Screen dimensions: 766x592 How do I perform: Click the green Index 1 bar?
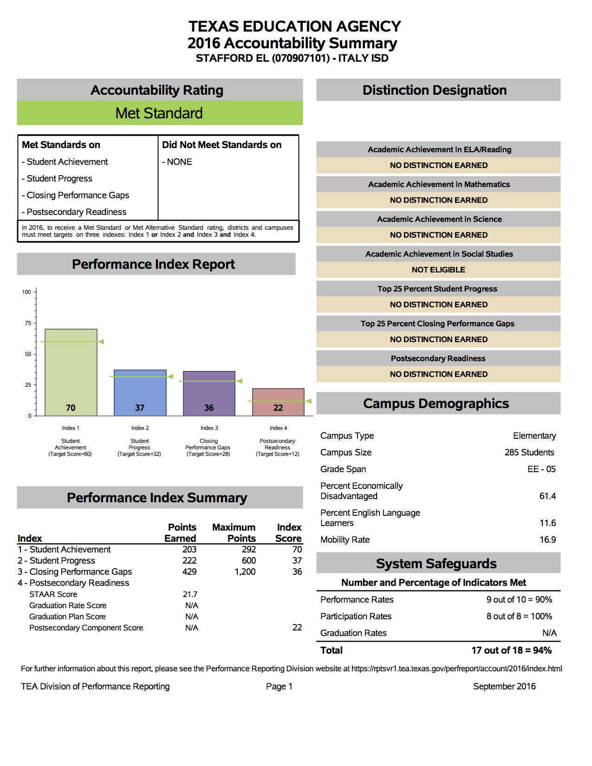click(71, 371)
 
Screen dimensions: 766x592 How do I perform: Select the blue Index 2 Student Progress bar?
click(140, 392)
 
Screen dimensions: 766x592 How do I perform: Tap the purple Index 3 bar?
click(209, 393)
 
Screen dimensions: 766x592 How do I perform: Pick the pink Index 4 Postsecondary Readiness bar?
click(278, 402)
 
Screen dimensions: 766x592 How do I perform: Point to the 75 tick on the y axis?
click(28, 323)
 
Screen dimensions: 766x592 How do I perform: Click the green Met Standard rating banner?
click(160, 113)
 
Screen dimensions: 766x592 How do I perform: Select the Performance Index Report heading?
click(153, 264)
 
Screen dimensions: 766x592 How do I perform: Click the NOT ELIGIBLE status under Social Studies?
click(438, 270)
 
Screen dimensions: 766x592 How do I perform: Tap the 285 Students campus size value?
click(529, 452)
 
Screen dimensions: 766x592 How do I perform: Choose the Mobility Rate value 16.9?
click(547, 539)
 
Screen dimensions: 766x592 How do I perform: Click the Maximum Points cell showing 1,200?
click(245, 571)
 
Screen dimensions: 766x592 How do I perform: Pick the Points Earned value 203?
click(189, 549)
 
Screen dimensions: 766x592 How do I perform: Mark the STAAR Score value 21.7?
click(190, 594)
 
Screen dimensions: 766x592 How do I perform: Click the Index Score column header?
click(289, 532)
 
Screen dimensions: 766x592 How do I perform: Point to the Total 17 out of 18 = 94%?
click(511, 650)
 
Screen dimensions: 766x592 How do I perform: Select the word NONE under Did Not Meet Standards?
click(179, 162)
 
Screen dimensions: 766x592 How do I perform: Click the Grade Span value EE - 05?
click(541, 469)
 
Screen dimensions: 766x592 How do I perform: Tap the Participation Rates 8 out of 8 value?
click(519, 616)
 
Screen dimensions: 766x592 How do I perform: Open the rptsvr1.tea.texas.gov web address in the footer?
click(456, 669)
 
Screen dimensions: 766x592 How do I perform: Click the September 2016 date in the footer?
click(504, 686)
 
